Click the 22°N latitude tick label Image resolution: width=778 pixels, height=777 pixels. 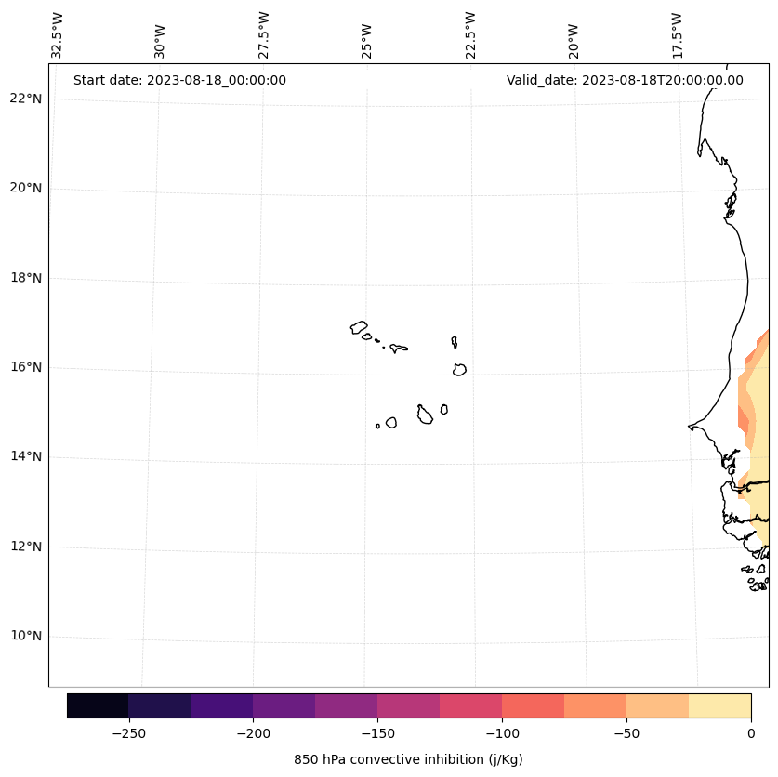point(25,99)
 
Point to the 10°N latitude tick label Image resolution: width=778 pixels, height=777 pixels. point(25,637)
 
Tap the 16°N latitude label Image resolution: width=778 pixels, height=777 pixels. point(25,367)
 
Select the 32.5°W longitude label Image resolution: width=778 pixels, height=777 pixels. point(58,34)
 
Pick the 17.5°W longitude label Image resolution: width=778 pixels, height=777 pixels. point(677,34)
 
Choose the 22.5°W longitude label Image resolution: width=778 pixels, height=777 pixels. point(470,34)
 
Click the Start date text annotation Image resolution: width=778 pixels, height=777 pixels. point(179,80)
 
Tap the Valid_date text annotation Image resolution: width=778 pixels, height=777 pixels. point(625,80)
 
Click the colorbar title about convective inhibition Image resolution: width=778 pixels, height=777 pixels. point(408,759)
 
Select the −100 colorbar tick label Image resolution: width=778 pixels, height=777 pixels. point(502,733)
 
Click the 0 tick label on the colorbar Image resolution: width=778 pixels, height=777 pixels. point(751,733)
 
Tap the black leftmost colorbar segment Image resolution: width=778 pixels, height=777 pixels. point(98,705)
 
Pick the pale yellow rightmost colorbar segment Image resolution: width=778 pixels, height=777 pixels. point(719,705)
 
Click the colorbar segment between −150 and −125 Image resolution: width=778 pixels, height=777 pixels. point(408,705)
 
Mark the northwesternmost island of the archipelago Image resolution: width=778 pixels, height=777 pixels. point(359,327)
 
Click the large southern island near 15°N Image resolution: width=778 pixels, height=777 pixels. point(425,415)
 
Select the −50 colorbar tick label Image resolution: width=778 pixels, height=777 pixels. point(626,733)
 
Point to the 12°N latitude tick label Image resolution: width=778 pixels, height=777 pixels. point(25,547)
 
